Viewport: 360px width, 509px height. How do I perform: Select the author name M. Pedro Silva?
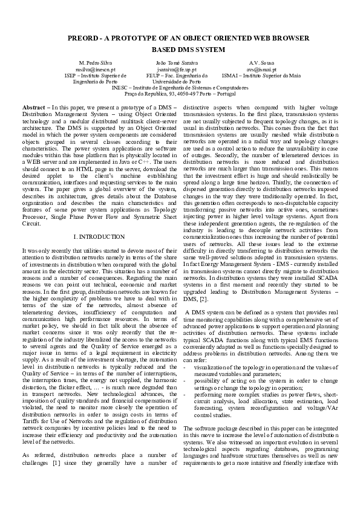(96, 63)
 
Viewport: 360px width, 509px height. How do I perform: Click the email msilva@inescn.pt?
(96, 70)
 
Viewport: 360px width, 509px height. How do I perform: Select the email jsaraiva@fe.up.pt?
(180, 70)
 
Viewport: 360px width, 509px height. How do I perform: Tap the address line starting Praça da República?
(180, 94)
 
